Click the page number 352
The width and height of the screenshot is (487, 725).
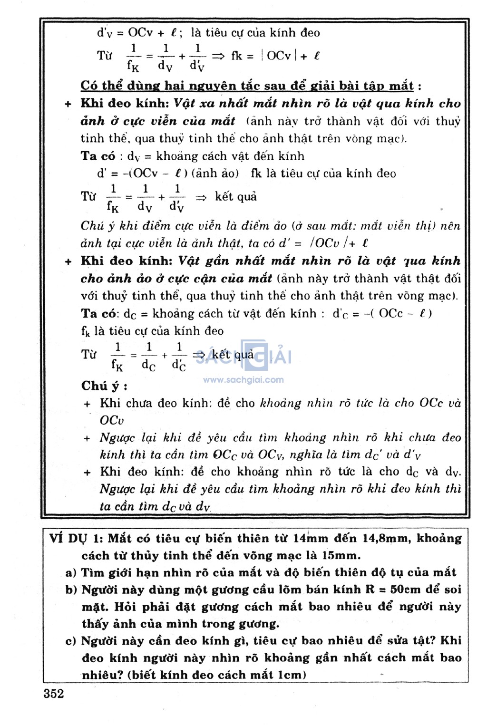click(54, 694)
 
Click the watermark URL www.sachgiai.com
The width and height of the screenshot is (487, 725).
click(243, 380)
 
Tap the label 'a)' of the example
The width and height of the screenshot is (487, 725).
click(71, 573)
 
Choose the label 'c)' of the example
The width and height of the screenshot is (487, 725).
click(71, 641)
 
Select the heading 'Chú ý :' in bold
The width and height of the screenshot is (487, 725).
click(104, 386)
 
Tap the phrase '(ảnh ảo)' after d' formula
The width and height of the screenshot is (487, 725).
click(215, 174)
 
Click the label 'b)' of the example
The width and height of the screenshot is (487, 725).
click(71, 590)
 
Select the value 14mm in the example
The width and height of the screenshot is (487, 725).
click(310, 539)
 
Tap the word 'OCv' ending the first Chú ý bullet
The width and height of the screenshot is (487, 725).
click(112, 420)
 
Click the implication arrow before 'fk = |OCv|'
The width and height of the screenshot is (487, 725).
click(218, 56)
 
